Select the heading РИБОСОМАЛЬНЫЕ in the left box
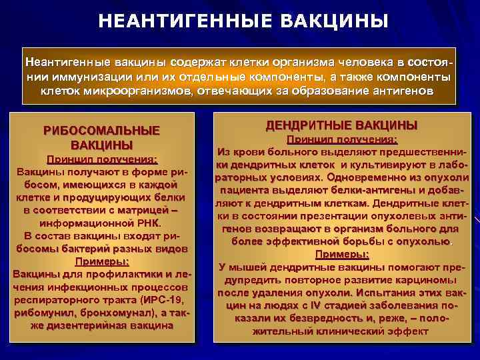click(101, 131)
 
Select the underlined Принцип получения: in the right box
click(341, 139)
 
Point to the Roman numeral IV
click(311, 305)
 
